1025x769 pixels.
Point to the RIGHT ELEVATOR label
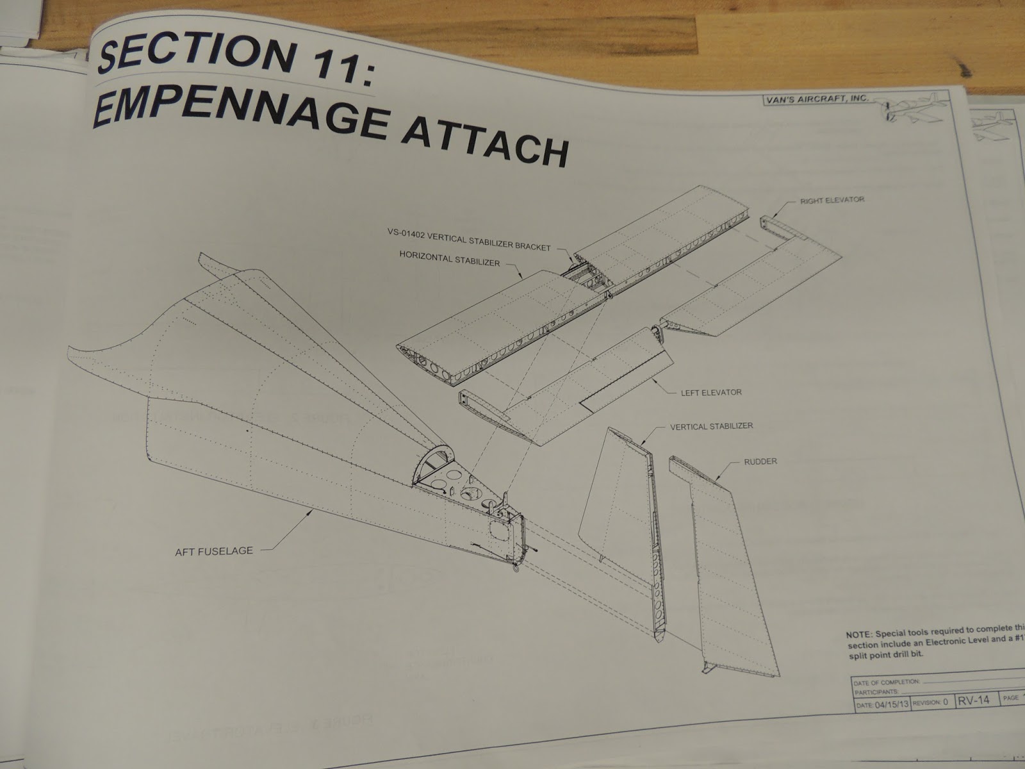point(832,200)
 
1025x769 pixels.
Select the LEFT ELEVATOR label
point(711,392)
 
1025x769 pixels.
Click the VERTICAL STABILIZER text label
point(711,426)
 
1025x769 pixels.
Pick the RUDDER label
point(760,461)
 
